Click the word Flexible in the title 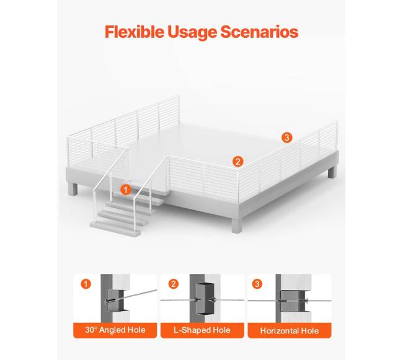click(x=135, y=32)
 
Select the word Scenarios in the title click(x=259, y=32)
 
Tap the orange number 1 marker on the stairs click(x=126, y=190)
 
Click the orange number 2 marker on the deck click(x=237, y=162)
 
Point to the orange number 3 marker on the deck click(x=287, y=138)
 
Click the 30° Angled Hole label click(x=115, y=330)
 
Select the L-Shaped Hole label click(x=202, y=330)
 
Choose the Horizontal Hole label click(x=290, y=330)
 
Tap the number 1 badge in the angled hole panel click(x=86, y=284)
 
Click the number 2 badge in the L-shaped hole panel click(x=174, y=284)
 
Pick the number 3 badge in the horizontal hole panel click(x=257, y=284)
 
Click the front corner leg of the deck click(x=237, y=226)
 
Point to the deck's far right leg click(x=332, y=172)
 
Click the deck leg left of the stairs click(x=73, y=189)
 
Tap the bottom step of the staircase click(x=115, y=229)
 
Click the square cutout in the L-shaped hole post click(x=205, y=299)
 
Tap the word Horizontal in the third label click(x=280, y=330)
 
